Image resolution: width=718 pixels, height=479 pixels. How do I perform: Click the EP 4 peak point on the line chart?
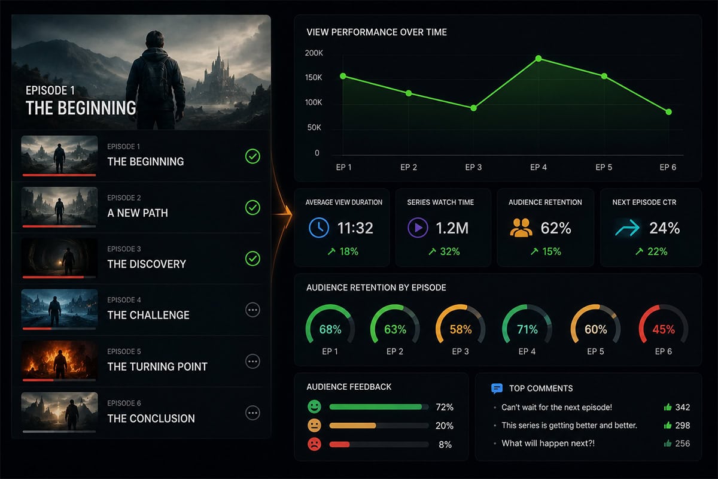538,59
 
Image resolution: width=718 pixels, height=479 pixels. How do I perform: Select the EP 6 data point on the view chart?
669,112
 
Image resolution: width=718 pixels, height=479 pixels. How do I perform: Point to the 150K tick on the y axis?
314,77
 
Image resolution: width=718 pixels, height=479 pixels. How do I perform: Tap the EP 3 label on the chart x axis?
473,167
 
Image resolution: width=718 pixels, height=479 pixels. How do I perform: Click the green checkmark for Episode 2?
252,208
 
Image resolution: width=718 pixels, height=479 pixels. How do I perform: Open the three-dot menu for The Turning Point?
252,361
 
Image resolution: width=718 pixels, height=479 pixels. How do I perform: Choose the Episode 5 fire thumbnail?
59,360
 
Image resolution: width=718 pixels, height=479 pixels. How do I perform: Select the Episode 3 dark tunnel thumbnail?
59,257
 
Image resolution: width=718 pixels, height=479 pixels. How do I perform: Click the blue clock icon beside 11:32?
318,228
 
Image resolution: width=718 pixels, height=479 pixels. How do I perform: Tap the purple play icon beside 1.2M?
418,228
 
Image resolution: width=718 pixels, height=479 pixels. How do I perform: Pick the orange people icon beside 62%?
521,228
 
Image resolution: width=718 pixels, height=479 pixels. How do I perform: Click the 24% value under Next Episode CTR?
665,228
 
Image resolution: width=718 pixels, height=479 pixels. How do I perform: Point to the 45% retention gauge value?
664,329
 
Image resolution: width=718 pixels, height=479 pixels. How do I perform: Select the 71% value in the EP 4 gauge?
527,329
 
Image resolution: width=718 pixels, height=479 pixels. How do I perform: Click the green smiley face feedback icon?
315,407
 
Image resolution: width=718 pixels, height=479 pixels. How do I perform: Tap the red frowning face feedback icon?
315,444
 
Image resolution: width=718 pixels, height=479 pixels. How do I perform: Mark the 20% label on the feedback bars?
444,426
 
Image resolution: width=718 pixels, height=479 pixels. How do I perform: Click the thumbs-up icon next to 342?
668,407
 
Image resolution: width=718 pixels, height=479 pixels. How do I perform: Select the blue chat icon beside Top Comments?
497,389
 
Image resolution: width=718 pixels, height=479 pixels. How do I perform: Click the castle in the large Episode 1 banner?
218,77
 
